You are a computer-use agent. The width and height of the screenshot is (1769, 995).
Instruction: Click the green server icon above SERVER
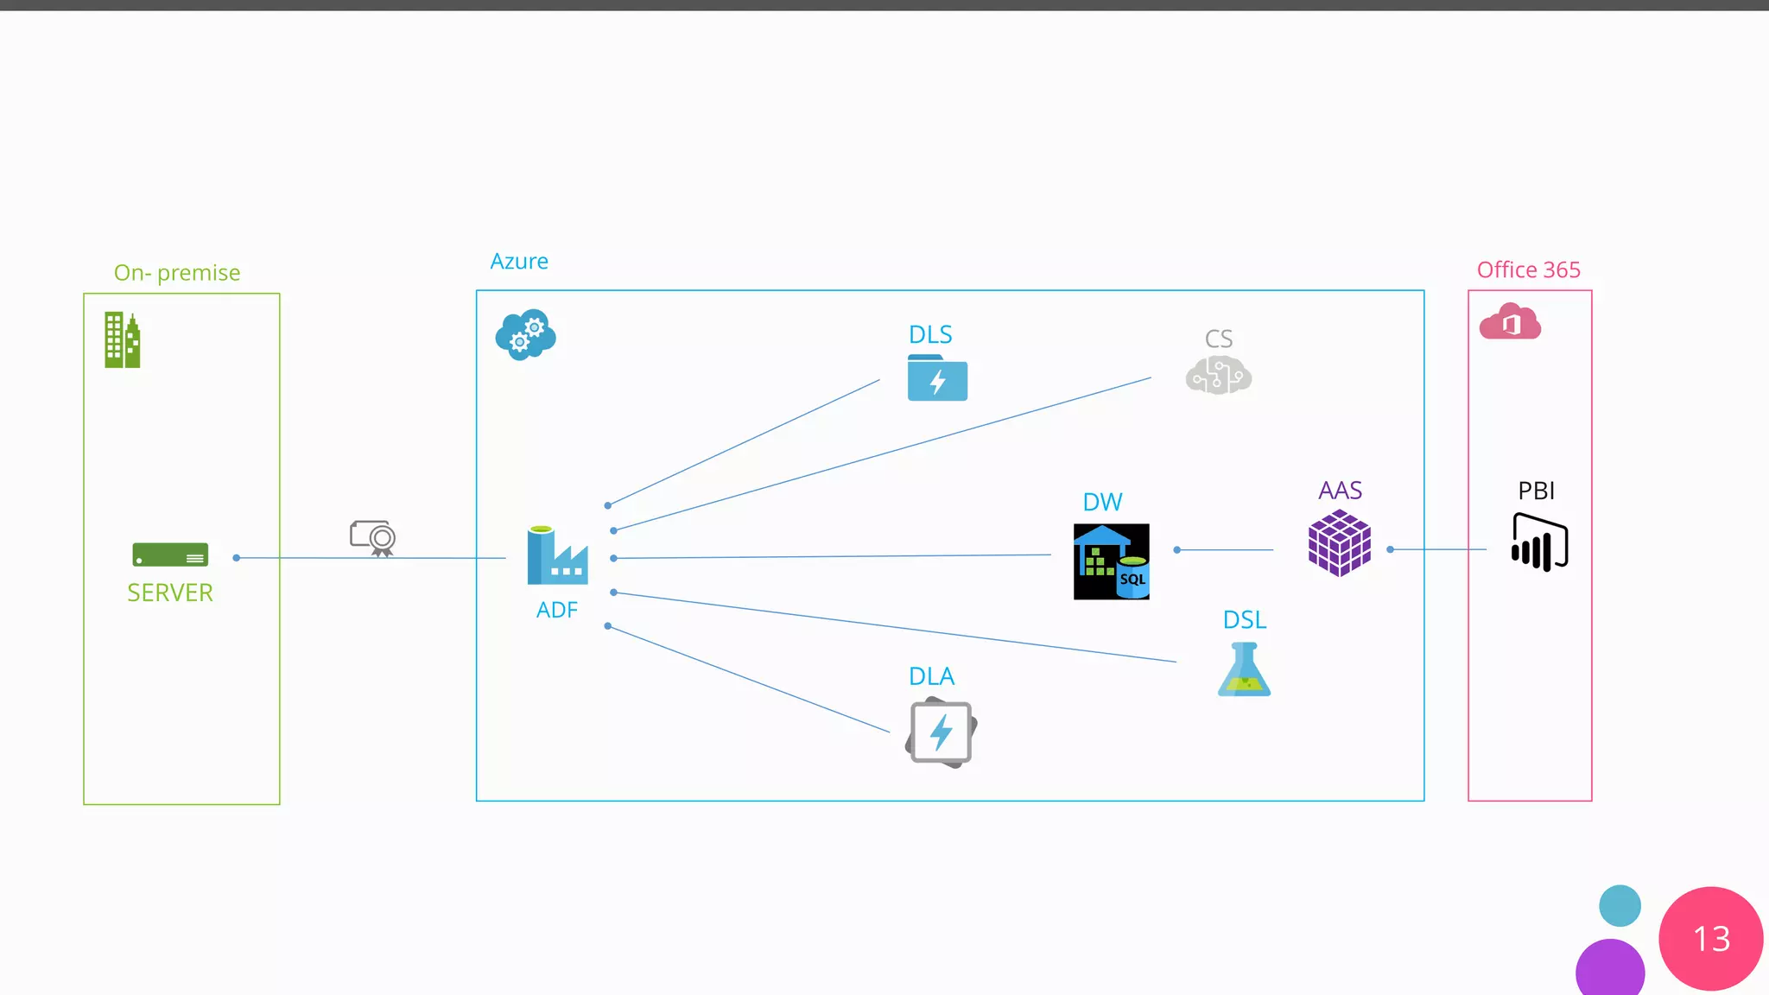[170, 555]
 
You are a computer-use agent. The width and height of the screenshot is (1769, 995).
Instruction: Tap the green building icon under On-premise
[122, 340]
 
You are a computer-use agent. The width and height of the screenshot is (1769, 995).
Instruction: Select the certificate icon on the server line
[373, 538]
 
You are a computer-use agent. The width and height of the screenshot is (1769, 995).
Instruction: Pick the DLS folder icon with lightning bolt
[937, 377]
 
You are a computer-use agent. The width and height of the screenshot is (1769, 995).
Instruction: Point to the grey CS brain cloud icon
[1218, 376]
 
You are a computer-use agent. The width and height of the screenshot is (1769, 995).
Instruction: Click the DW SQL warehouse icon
[1111, 561]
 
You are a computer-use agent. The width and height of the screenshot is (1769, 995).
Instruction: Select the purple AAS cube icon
[1340, 542]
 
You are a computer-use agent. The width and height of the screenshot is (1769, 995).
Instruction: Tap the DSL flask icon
[1244, 669]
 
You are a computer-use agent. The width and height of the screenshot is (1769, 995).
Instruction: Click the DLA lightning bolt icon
[941, 732]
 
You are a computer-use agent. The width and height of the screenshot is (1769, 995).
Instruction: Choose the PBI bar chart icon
[1539, 542]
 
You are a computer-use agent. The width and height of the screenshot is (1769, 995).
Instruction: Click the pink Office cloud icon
[1510, 322]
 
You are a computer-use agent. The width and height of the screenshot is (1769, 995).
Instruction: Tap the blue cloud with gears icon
[525, 334]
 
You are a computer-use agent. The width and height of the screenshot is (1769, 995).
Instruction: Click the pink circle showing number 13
[1710, 939]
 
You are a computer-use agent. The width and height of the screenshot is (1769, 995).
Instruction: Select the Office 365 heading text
[1528, 269]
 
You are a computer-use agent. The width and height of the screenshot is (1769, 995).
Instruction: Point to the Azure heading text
[519, 261]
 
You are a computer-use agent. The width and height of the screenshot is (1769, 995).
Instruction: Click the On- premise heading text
[177, 273]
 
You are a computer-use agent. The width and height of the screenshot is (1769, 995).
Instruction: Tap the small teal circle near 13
[1620, 906]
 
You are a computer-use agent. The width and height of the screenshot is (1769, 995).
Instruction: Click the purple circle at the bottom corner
[1610, 969]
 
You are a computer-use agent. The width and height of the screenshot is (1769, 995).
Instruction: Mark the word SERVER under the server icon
[170, 593]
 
